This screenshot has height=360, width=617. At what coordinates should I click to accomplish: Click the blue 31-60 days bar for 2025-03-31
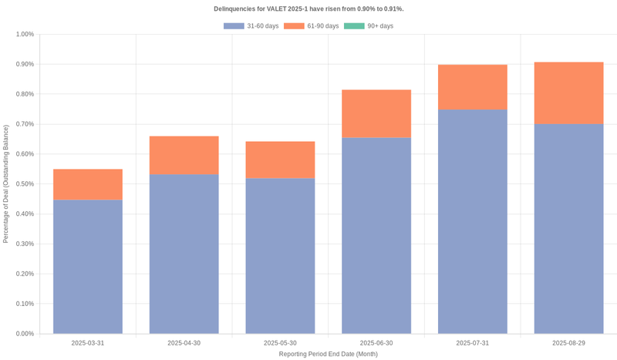pyautogui.click(x=87, y=267)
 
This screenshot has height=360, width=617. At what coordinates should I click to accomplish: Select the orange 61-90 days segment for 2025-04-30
pyautogui.click(x=184, y=155)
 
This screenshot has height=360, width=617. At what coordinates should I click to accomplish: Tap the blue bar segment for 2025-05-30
pyautogui.click(x=280, y=256)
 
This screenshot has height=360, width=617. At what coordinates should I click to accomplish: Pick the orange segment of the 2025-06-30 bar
pyautogui.click(x=376, y=113)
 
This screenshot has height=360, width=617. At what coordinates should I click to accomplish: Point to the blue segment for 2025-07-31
pyautogui.click(x=473, y=221)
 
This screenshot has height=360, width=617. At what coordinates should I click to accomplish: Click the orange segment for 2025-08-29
pyautogui.click(x=568, y=93)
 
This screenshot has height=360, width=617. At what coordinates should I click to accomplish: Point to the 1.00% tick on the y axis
pyautogui.click(x=25, y=35)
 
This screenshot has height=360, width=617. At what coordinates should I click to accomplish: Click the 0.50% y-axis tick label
pyautogui.click(x=25, y=184)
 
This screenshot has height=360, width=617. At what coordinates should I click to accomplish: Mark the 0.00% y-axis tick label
pyautogui.click(x=25, y=334)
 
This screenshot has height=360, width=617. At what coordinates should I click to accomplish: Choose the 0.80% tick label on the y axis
pyautogui.click(x=25, y=94)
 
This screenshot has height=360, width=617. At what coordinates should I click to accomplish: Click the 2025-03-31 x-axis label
pyautogui.click(x=87, y=343)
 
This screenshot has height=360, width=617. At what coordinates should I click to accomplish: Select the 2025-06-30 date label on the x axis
pyautogui.click(x=376, y=343)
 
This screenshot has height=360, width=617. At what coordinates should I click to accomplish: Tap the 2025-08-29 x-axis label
pyautogui.click(x=568, y=343)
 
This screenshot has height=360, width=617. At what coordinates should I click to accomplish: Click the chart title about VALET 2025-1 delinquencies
pyautogui.click(x=308, y=9)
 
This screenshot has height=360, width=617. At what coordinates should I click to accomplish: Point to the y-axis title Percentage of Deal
pyautogui.click(x=6, y=184)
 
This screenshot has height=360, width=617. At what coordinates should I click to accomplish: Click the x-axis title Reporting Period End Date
pyautogui.click(x=328, y=354)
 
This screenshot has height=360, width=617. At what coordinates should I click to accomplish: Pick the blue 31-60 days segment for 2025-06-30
pyautogui.click(x=376, y=235)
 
